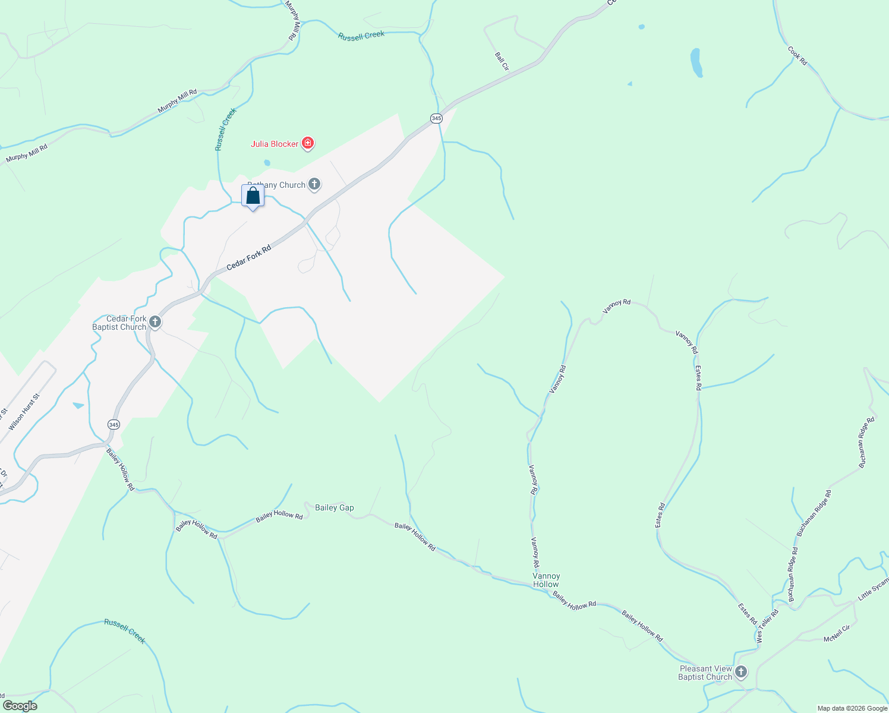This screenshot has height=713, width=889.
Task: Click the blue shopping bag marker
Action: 253,196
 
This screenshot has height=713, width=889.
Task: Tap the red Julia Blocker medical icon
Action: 308,143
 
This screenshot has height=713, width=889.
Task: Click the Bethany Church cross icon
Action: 314,185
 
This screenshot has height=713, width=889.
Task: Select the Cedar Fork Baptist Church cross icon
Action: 155,322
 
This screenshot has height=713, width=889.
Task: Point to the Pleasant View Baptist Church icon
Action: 740,673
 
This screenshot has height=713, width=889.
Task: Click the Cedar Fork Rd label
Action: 248,257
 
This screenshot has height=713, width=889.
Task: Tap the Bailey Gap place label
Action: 334,507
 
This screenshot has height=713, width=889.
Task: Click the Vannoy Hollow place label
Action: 546,580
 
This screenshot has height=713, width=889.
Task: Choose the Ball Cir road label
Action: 502,61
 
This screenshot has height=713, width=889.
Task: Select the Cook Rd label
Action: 797,55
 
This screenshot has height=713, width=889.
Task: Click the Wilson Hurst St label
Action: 24,412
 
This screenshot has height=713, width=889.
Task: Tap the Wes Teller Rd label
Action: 767,626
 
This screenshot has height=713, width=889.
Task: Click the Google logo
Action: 19,706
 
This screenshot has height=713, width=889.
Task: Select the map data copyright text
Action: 852,708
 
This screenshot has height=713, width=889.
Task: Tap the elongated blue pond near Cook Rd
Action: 696,62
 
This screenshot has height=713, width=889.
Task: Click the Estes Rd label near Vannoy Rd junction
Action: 698,378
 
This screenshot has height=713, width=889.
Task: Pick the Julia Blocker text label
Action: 275,144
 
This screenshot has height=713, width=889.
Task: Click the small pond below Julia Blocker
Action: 267,163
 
